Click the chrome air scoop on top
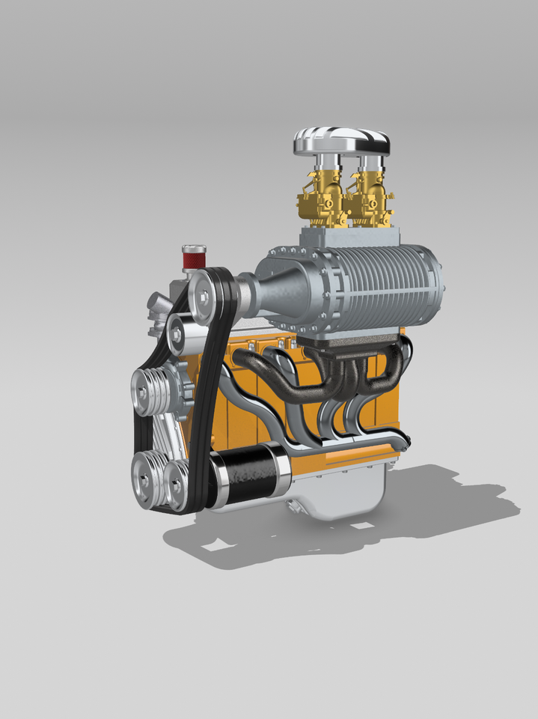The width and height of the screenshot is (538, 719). (341, 140)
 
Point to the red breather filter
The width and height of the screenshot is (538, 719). (194, 261)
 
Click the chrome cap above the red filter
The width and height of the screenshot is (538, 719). (194, 248)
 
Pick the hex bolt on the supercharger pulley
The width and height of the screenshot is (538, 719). (201, 297)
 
